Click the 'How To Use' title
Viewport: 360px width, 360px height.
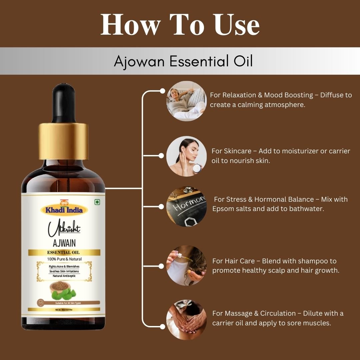tap(180, 25)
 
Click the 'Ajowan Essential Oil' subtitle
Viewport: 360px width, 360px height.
tap(183, 61)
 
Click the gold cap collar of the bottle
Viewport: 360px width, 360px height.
tap(63, 141)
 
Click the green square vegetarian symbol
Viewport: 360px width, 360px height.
tap(97, 202)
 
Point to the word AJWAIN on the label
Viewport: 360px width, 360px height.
tap(64, 243)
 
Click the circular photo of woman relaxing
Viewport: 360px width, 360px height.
tap(186, 101)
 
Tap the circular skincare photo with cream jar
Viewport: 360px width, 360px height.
tap(186, 156)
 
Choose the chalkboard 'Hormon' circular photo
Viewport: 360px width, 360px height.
tap(186, 207)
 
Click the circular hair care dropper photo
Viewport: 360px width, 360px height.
tap(186, 266)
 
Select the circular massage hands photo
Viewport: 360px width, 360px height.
tap(186, 320)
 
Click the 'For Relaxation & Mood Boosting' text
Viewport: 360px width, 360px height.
tap(261, 95)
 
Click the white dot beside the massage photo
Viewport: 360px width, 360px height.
tap(162, 326)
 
